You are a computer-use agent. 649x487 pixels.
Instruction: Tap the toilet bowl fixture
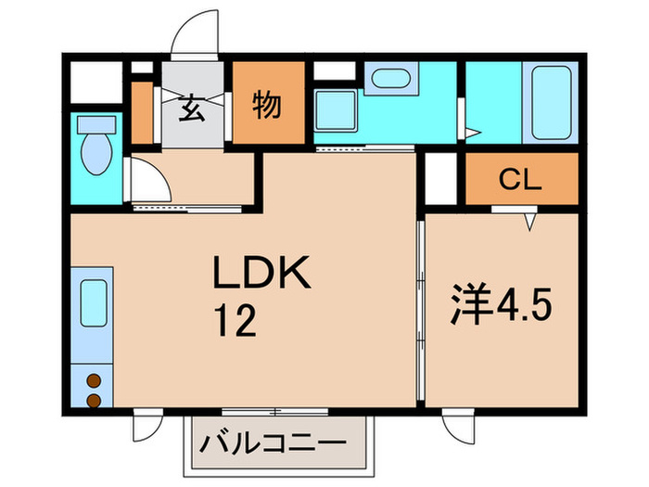93,148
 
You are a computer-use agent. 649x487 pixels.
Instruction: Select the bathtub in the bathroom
554,102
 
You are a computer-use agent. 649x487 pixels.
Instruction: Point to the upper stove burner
93,379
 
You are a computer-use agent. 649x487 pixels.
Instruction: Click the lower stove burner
93,400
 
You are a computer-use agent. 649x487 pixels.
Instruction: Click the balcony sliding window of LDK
275,410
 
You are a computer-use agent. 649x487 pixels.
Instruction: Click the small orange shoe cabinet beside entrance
142,112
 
